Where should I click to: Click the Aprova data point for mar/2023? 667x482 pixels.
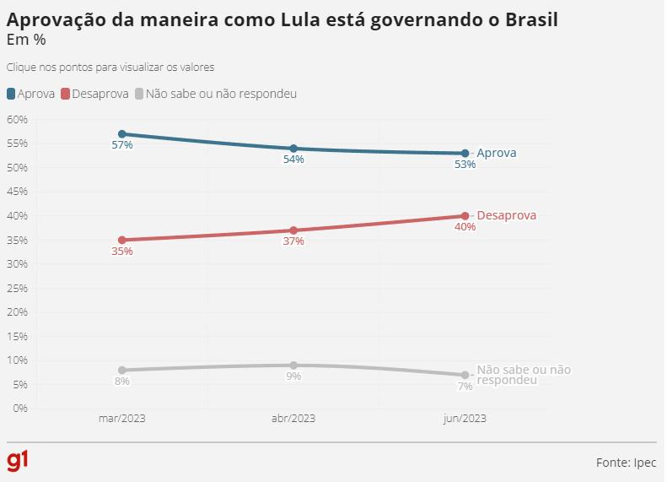(x=122, y=134)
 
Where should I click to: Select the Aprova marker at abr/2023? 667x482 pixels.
(x=293, y=149)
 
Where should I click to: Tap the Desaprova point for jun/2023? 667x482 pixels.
(x=465, y=216)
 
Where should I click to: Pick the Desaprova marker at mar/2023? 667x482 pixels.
(x=122, y=240)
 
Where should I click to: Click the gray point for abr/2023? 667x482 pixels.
(x=293, y=366)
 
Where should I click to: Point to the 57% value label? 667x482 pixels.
(x=122, y=145)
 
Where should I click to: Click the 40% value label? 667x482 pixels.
(x=465, y=227)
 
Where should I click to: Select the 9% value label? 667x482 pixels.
(x=293, y=376)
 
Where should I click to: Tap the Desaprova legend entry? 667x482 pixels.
(x=94, y=94)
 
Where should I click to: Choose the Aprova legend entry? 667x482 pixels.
(x=31, y=94)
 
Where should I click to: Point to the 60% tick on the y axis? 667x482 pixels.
(x=17, y=120)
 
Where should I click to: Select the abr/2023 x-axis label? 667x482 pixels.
(x=293, y=419)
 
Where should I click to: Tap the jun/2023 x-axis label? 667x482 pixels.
(x=465, y=419)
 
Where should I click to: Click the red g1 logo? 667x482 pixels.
(x=18, y=461)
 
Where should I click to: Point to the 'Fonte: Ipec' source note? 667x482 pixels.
(x=626, y=463)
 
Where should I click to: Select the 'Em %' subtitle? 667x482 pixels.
(x=26, y=40)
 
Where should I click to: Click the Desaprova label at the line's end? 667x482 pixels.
(x=506, y=216)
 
